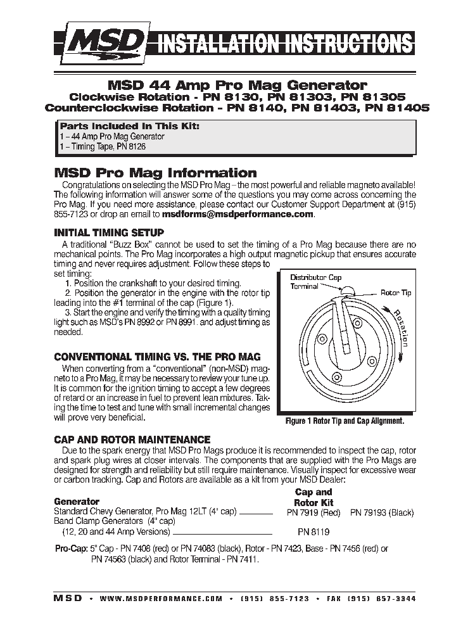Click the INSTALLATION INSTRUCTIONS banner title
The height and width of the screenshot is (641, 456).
click(x=284, y=44)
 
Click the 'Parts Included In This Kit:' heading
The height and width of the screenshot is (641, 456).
click(x=129, y=126)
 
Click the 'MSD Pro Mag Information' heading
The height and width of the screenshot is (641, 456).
click(x=155, y=173)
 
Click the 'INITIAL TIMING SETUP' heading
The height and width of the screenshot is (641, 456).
click(x=109, y=232)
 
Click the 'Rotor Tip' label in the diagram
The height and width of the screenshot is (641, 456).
click(x=396, y=293)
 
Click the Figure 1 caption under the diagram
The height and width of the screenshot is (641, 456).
click(x=345, y=421)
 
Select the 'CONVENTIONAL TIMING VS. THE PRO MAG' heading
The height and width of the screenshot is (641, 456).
click(x=157, y=357)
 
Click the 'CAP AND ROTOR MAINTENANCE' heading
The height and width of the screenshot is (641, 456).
click(x=132, y=439)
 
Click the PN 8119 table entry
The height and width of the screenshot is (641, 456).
click(x=313, y=532)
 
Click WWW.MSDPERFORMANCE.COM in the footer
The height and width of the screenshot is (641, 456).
click(x=161, y=598)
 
